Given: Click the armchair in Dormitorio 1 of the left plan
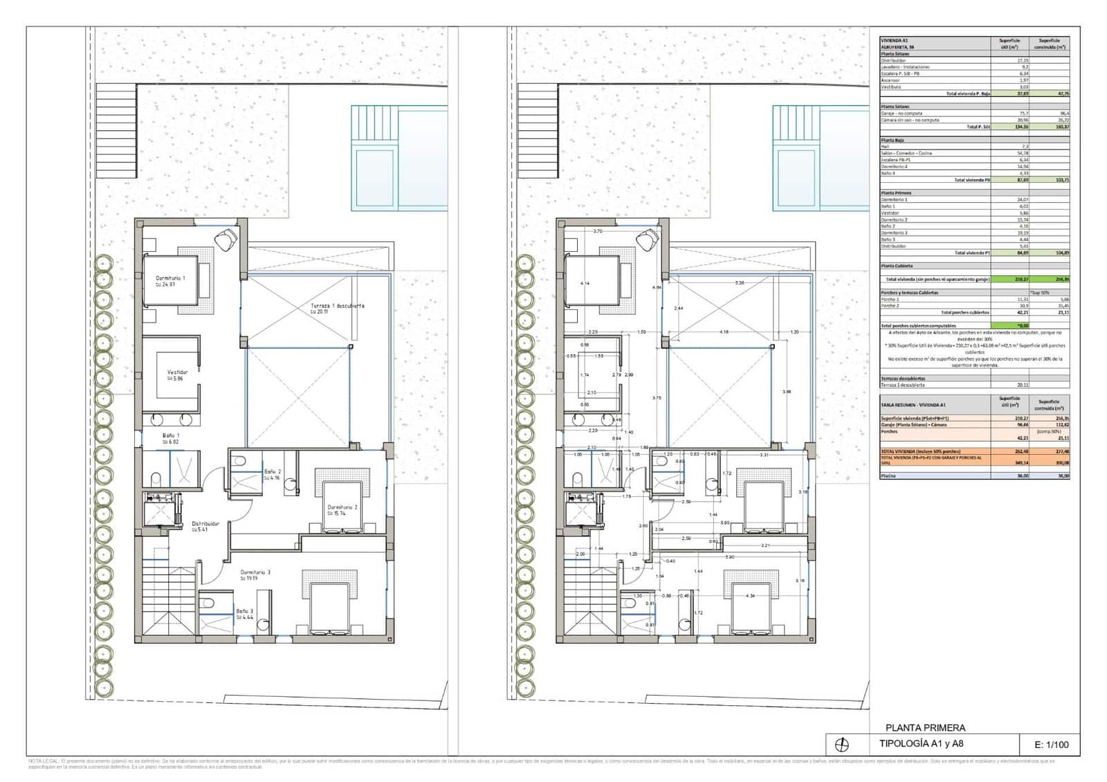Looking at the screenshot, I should [x=226, y=239].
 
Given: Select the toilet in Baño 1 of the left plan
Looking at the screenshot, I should [x=155, y=478].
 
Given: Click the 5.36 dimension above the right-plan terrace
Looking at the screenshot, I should [x=740, y=283].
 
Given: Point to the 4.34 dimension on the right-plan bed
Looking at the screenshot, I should [x=750, y=596].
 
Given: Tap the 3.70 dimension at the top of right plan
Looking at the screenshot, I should [x=598, y=231].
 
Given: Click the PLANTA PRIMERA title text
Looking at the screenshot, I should [x=925, y=727].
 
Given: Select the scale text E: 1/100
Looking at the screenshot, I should [x=1051, y=745].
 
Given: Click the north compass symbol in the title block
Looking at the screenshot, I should [x=842, y=745].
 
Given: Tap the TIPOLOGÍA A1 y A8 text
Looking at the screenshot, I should [x=921, y=745].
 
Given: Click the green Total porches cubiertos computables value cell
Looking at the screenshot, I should [x=1009, y=325].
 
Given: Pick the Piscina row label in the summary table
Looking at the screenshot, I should [x=889, y=476].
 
